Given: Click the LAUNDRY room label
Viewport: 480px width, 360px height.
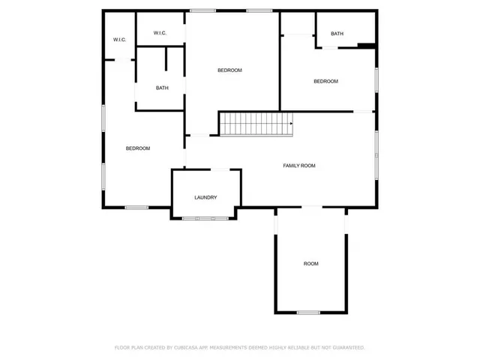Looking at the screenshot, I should click(205, 197).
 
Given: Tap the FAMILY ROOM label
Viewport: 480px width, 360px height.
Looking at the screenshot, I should click(298, 165).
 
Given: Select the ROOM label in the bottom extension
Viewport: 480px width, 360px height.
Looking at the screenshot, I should click(310, 263).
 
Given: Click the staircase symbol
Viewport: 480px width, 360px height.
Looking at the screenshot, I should click(256, 124).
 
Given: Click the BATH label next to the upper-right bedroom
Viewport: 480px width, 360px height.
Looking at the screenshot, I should click(337, 33).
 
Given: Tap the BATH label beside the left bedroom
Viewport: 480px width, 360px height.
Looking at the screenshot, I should click(162, 88).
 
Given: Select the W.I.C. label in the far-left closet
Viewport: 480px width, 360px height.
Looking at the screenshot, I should click(118, 39).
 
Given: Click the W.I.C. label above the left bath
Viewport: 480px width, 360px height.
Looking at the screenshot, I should click(160, 32).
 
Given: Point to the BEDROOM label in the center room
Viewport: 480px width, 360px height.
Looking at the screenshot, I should click(229, 70).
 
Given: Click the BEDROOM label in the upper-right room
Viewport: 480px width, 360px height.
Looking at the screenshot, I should click(325, 81).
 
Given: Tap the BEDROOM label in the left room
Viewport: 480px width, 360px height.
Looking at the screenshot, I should click(137, 148).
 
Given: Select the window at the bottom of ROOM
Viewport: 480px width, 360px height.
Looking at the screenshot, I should click(307, 312).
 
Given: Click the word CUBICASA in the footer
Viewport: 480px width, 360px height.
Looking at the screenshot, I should click(183, 347).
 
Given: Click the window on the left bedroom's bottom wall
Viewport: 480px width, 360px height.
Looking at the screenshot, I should click(136, 207).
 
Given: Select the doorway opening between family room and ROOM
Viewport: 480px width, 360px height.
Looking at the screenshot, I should click(310, 207).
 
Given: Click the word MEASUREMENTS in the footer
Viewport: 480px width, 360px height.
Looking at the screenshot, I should click(231, 347).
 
